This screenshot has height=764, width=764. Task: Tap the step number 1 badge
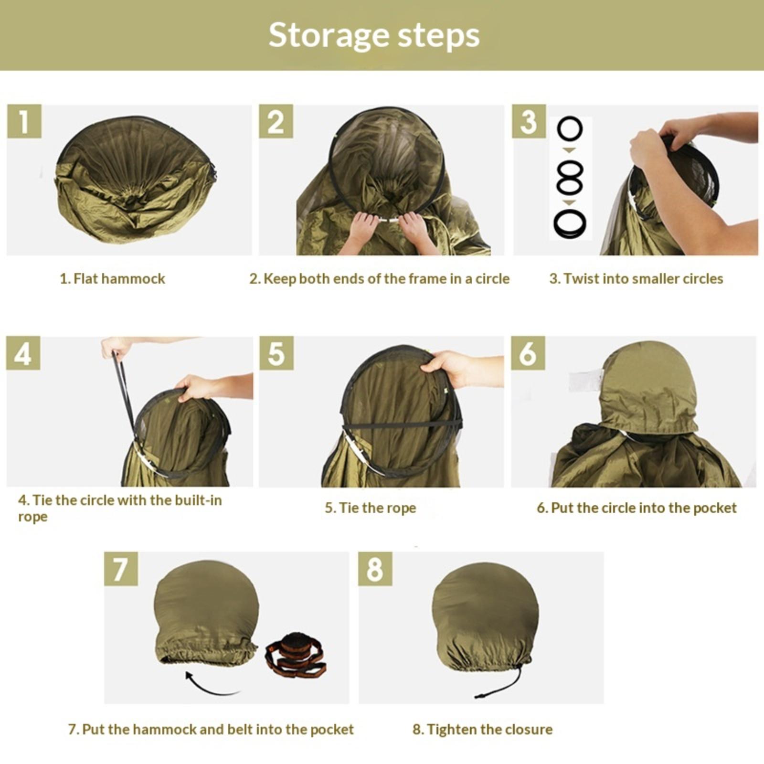pos(24,121)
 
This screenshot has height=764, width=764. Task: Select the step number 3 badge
pos(529,121)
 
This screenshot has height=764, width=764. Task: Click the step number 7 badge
pos(121,569)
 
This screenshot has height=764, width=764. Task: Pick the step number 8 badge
pos(375,569)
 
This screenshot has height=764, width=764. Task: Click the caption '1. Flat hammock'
pos(112,279)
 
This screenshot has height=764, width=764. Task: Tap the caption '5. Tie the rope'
pos(371,508)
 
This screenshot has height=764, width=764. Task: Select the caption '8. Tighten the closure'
pos(482,729)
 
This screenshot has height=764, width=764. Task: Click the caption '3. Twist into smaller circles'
pos(636,279)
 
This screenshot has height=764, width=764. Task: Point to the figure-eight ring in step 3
pos(570,177)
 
